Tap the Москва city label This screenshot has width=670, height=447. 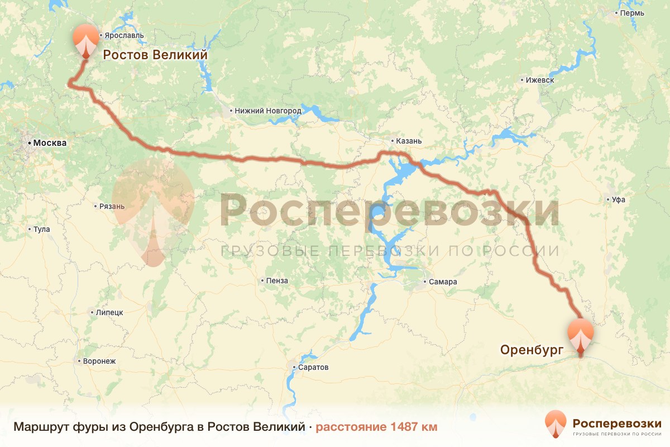pyautogui.click(x=50, y=143)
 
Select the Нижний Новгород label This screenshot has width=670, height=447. pyautogui.click(x=268, y=111)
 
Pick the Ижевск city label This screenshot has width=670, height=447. pyautogui.click(x=539, y=80)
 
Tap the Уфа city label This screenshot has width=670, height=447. pyautogui.click(x=618, y=199)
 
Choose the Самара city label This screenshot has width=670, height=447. pyautogui.click(x=443, y=282)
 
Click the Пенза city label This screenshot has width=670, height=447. pyautogui.click(x=277, y=280)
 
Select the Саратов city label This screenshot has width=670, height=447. pyautogui.click(x=313, y=368)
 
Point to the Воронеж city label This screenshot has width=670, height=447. pyautogui.click(x=99, y=362)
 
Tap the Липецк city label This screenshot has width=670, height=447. pyautogui.click(x=109, y=313)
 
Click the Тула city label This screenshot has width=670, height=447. pyautogui.click(x=41, y=229)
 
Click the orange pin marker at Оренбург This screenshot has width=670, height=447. pyautogui.click(x=581, y=334)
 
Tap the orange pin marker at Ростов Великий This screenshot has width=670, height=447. pyautogui.click(x=85, y=40)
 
